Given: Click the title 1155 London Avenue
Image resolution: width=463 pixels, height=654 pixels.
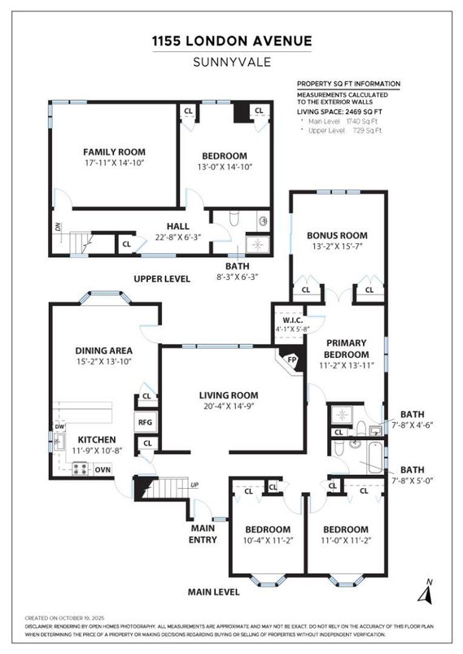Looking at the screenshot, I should coord(231,41).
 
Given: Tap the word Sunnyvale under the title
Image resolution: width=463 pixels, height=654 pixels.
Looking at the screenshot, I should coord(231,61).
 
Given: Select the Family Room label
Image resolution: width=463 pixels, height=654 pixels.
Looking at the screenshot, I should coord(114,152).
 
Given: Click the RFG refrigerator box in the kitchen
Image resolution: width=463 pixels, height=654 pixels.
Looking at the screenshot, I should coord(146,422).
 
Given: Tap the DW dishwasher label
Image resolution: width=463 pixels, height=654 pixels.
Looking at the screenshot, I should coord(59,426).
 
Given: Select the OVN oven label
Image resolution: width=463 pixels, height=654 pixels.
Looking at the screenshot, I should coord(103,469).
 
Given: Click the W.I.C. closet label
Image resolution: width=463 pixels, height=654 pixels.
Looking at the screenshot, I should coord(288,320).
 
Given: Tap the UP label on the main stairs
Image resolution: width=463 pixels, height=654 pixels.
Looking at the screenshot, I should coord(193,485).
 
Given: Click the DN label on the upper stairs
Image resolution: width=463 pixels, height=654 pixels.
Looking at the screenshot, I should coord(59,227).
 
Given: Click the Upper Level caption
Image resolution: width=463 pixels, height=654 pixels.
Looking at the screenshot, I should coord(162,279).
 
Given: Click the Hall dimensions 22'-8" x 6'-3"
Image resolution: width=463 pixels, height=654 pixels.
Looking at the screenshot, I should coord(178,238).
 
